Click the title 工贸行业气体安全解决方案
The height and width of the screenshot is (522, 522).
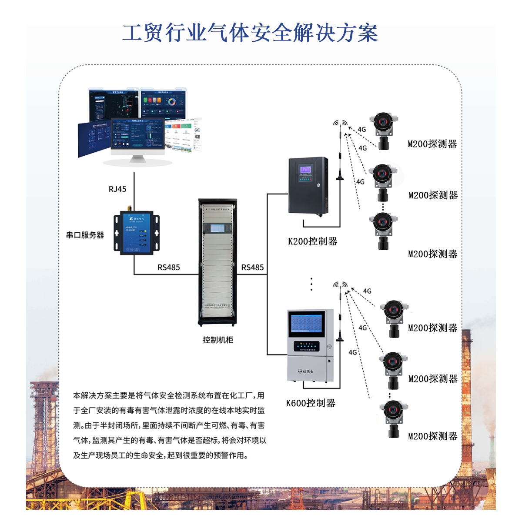coord(250,33)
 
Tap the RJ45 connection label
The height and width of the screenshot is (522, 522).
coord(117,189)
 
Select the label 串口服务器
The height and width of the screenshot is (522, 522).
coord(85,235)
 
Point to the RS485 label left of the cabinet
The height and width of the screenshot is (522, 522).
coord(168,268)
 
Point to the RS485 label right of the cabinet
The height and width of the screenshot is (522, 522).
coord(252,268)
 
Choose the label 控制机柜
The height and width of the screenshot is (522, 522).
coord(218,340)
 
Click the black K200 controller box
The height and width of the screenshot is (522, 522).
coord(308,186)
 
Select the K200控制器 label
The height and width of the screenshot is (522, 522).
coord(313,241)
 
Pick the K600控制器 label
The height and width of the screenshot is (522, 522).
coord(311,403)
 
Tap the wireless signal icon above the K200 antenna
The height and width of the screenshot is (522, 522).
coord(340,124)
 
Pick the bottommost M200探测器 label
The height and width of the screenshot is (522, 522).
coord(433,436)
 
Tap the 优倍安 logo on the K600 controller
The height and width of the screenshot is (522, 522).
coord(305,372)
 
